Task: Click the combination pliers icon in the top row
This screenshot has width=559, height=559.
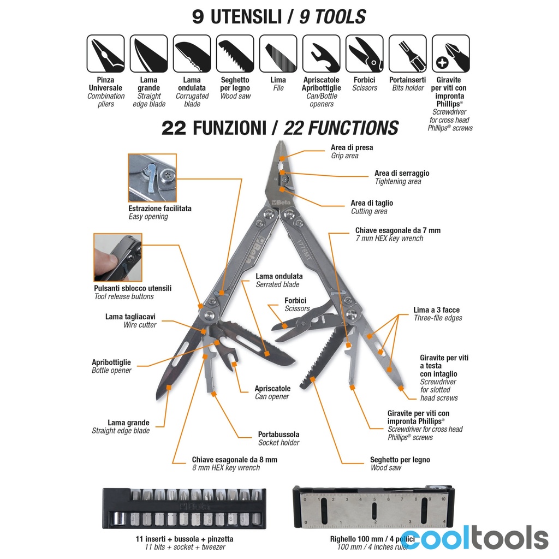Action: tap(105, 53)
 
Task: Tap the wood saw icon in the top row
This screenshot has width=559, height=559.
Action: tap(235, 53)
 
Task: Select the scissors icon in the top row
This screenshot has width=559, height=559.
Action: tap(364, 53)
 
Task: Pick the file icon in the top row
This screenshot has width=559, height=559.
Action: tap(278, 53)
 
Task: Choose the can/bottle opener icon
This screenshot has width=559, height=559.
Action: tap(321, 53)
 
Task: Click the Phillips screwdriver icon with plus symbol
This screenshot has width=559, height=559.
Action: tap(450, 53)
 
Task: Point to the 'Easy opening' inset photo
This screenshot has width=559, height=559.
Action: tap(152, 177)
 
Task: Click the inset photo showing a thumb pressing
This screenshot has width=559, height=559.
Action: tap(118, 258)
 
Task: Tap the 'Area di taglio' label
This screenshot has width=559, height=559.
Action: tap(372, 203)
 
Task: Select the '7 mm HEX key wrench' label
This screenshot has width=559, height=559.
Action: tap(389, 239)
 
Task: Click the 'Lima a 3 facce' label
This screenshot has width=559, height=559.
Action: tap(436, 310)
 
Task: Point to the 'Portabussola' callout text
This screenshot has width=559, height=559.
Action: tap(279, 434)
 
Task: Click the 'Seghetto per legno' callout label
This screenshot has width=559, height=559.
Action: tap(400, 460)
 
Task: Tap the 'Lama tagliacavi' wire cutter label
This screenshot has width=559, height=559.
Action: tap(130, 317)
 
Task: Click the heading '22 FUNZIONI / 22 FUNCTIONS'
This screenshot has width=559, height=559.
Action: tap(280, 128)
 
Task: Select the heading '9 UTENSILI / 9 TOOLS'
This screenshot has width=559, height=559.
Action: tap(279, 17)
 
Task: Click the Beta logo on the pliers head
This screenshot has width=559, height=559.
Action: tap(281, 203)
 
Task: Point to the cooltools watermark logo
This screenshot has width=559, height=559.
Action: tap(474, 537)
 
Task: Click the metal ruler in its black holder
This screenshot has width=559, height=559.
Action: tap(373, 508)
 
